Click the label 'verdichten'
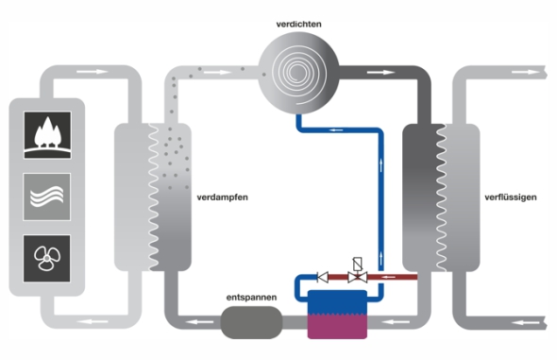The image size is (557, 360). point(298,25)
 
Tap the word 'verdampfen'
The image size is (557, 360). point(223,197)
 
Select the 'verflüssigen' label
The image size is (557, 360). point(511,197)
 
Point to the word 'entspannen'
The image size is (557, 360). point(251,297)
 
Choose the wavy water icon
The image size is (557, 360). point(47,197)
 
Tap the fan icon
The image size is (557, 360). point(47,258)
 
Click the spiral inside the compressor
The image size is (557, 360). point(298,73)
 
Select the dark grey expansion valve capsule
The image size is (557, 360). point(251,322)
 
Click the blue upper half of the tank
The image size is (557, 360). point(337,302)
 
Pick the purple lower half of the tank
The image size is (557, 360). point(337,326)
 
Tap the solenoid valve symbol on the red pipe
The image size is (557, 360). point(358,271)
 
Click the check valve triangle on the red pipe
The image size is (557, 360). point(323,277)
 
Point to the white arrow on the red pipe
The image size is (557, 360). point(388,277)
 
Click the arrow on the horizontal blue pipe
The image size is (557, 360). point(336,130)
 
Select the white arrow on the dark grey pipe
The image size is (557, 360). point(380,73)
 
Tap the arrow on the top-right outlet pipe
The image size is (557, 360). point(526,72)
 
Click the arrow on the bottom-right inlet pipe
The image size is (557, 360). point(526,323)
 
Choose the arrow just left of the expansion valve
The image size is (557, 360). point(199,322)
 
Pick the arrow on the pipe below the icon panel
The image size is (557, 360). point(92,322)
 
